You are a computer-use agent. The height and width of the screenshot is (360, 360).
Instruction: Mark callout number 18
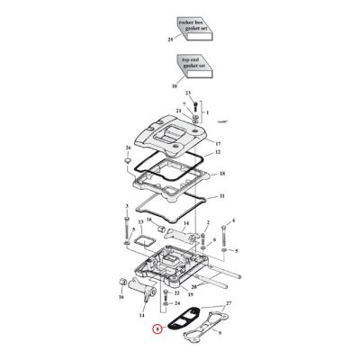pos(222,173)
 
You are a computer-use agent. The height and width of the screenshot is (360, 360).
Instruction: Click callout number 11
pos(222,194)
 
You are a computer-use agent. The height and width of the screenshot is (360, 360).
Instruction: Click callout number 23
pos(189,94)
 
